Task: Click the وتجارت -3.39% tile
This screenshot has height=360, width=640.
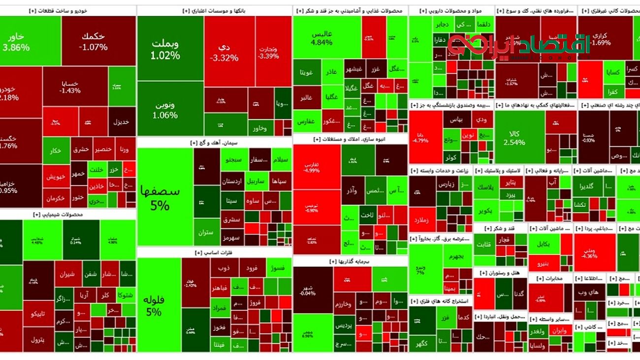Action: [x=273, y=52]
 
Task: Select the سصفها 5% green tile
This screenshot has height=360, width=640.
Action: [x=164, y=197]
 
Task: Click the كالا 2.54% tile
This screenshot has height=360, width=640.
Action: [x=518, y=138]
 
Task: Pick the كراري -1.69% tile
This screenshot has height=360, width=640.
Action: [x=601, y=39]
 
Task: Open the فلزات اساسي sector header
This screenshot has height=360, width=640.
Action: [x=214, y=253]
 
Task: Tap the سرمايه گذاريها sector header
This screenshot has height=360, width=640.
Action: [x=350, y=261]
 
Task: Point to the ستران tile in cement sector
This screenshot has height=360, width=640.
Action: [x=207, y=231]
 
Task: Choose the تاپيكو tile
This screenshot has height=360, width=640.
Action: [x=38, y=314]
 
